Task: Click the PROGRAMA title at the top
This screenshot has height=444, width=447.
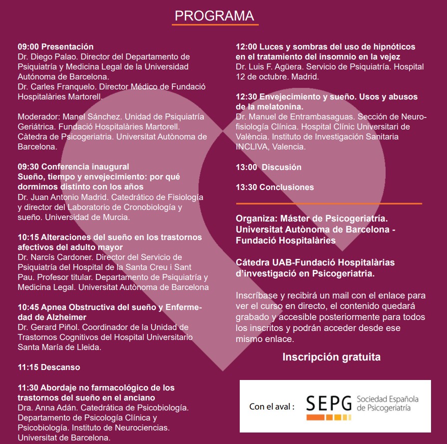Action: (x=214, y=15)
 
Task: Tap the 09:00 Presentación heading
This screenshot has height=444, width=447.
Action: (x=55, y=47)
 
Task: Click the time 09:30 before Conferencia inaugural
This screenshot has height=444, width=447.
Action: (x=28, y=166)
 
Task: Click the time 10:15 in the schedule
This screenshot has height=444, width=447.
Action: (x=28, y=237)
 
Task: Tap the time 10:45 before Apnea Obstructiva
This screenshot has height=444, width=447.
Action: (x=28, y=307)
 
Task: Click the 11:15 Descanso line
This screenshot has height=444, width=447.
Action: (x=49, y=367)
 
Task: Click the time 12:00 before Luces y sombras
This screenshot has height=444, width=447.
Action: (x=246, y=46)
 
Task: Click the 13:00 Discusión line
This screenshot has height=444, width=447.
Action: (x=269, y=167)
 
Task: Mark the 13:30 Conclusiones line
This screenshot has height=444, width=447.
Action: (x=275, y=187)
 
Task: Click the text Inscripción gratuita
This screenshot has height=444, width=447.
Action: (x=331, y=357)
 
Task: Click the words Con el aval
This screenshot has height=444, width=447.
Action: (x=270, y=406)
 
